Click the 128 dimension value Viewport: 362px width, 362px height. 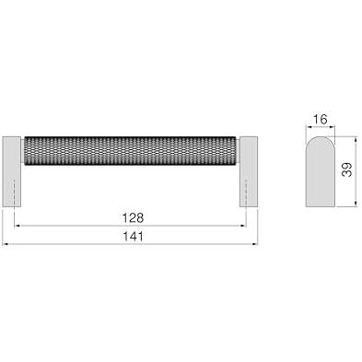[x=133, y=218]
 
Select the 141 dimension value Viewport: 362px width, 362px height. [x=133, y=237]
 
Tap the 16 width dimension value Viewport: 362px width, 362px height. [x=321, y=120]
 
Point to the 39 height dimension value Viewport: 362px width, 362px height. [x=347, y=169]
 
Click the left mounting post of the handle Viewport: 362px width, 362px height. [x=12, y=171]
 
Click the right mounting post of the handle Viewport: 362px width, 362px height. [x=249, y=171]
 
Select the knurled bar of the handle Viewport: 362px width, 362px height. [x=130, y=151]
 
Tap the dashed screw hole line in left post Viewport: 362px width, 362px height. [x=15, y=193]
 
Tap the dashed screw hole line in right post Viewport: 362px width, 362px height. [x=246, y=193]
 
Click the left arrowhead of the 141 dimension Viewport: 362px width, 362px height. [x=5, y=244]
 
